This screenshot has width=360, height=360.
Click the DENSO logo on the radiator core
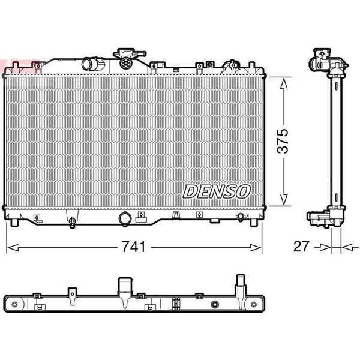[217, 191]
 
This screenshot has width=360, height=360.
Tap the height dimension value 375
[283, 141]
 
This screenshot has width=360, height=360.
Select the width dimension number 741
[133, 247]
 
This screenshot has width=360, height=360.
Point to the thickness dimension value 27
[301, 246]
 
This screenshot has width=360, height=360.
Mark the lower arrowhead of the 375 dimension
[284, 199]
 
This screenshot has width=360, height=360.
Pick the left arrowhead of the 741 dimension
[13, 248]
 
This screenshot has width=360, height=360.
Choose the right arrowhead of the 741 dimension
[255, 248]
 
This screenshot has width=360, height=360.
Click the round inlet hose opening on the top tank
[88, 64]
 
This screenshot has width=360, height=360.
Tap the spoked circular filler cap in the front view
[126, 62]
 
